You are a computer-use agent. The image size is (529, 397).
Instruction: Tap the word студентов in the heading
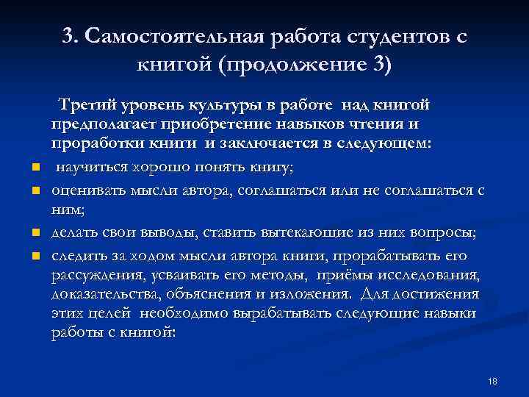click(x=389, y=37)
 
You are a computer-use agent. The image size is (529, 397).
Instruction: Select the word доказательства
click(x=104, y=293)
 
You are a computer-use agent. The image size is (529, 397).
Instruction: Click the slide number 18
click(x=492, y=381)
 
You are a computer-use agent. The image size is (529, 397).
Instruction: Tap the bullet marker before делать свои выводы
click(x=35, y=234)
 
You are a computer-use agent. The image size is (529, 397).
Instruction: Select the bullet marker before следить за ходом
click(x=35, y=257)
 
